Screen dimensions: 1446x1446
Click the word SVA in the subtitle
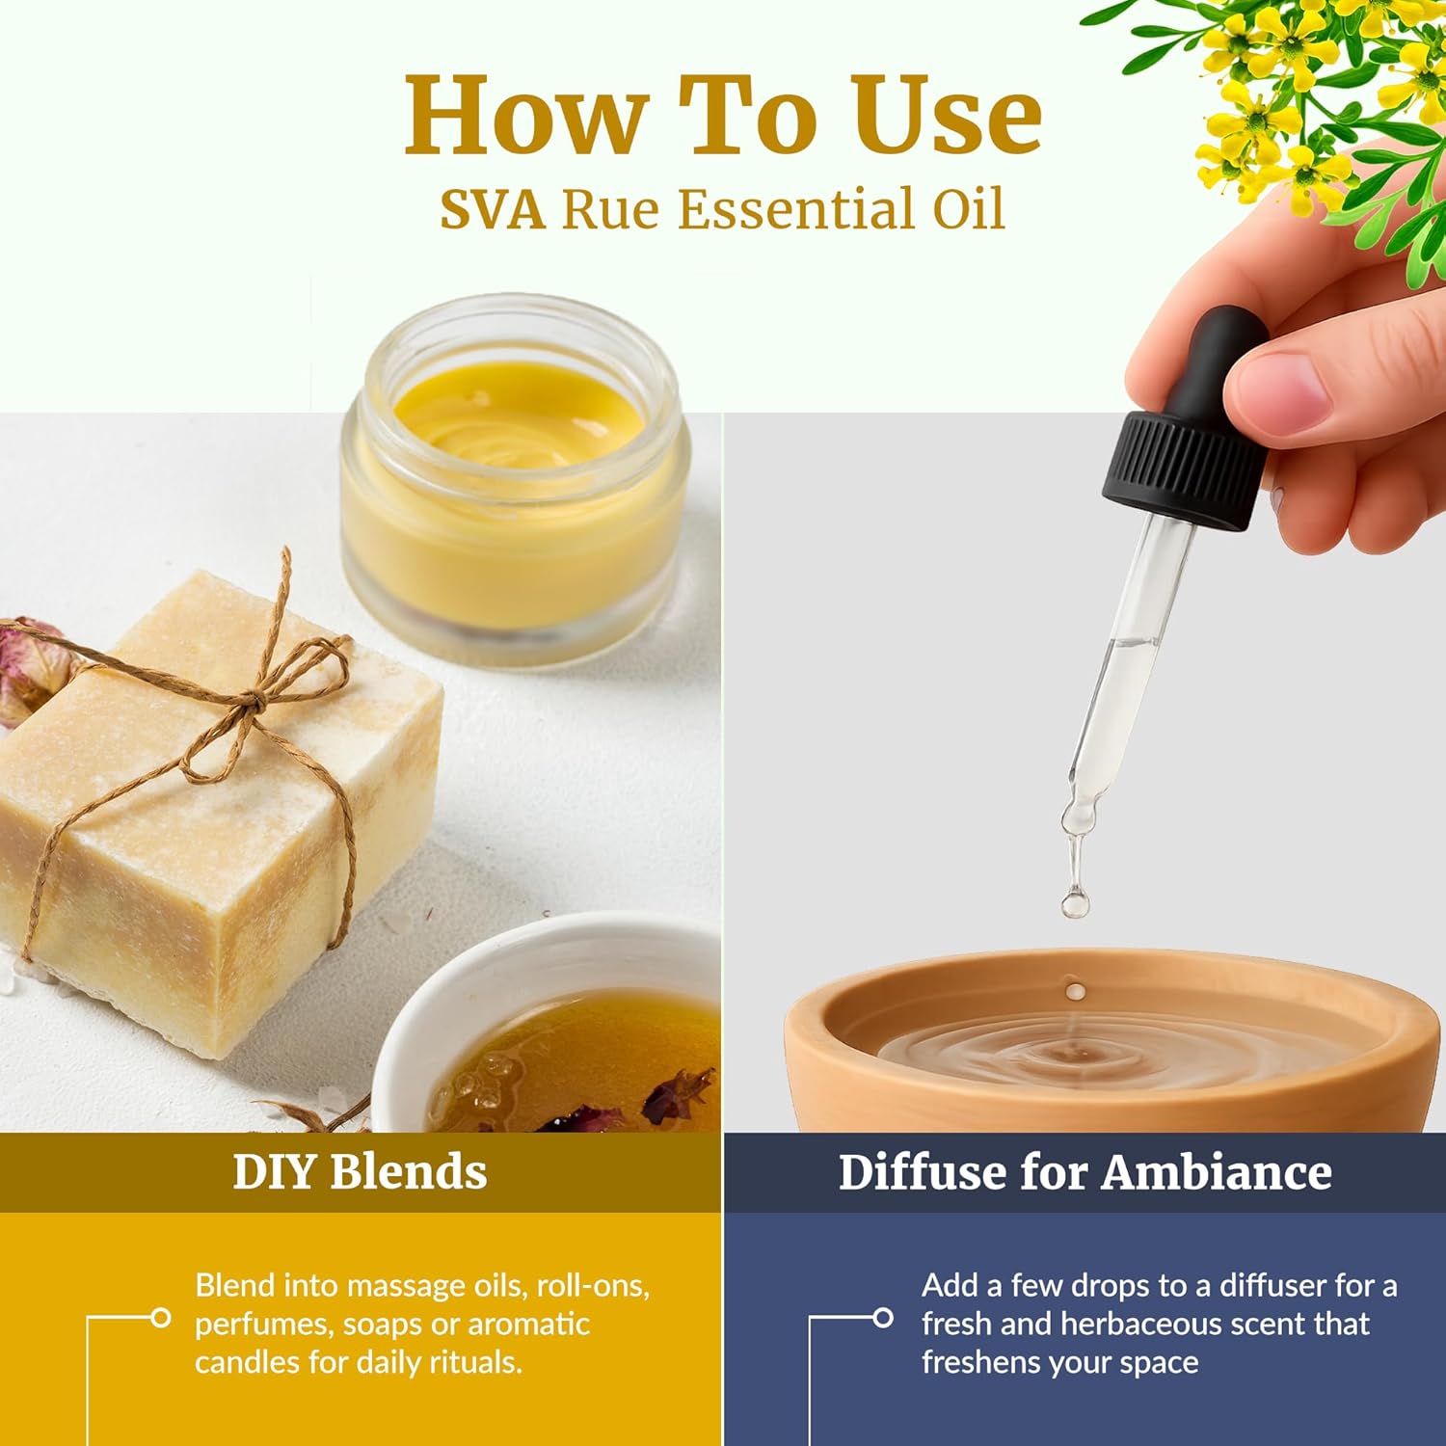(492, 210)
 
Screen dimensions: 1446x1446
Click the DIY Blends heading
(360, 1172)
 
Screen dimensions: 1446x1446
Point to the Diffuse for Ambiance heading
(1084, 1172)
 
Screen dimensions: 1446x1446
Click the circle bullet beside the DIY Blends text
(161, 1317)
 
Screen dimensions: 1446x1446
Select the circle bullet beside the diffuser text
(882, 1317)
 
